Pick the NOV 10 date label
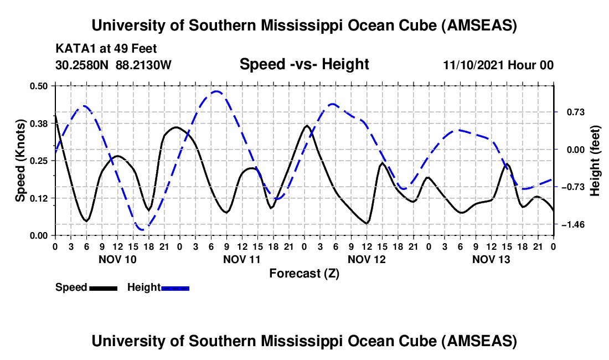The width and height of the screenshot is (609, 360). (x=117, y=259)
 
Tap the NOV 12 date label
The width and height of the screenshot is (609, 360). (x=366, y=259)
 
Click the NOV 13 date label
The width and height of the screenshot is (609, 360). (x=491, y=259)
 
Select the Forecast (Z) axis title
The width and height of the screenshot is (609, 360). (x=304, y=274)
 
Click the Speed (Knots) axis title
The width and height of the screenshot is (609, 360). (x=20, y=161)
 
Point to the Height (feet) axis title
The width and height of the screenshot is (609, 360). (x=595, y=161)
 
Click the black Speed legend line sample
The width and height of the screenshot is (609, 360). (x=102, y=288)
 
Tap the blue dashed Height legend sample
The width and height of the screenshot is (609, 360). (x=175, y=288)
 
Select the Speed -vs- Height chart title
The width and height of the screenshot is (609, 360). (x=304, y=65)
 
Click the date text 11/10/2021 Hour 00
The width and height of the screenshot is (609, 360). (x=498, y=65)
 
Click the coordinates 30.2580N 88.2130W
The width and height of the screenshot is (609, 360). (x=114, y=65)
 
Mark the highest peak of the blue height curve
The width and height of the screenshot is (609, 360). (x=216, y=92)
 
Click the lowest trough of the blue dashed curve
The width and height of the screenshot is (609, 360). (x=142, y=229)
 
